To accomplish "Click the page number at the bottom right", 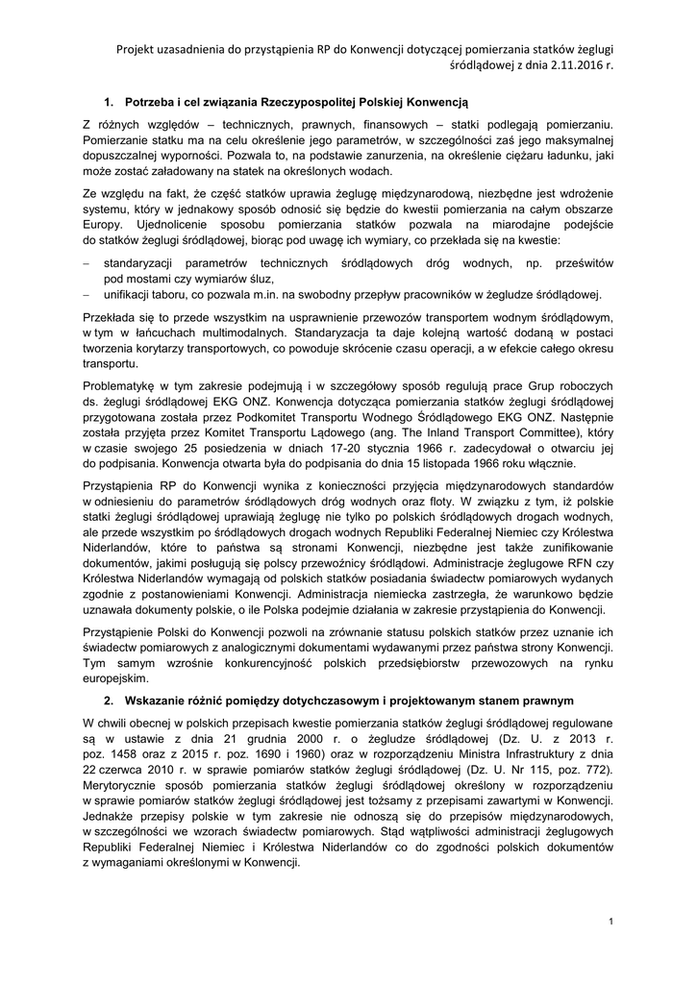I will [610, 922].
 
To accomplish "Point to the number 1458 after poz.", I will [124, 752].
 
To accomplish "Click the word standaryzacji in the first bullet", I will [140, 262].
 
